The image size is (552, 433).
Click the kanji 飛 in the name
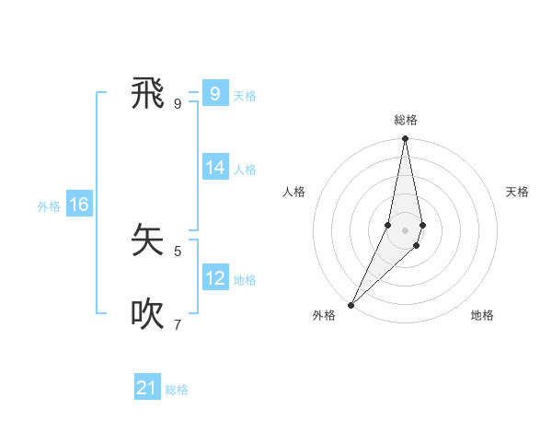pos(148,94)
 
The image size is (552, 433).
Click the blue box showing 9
pos(214,94)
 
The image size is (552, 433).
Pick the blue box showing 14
pos(214,168)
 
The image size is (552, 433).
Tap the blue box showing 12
pos(214,278)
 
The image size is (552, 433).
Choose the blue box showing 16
pos(79,205)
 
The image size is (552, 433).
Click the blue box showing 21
pos(147,388)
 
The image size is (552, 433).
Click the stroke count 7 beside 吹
pos(178,324)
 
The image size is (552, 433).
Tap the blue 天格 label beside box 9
pos(245,96)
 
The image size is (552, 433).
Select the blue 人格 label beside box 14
pos(245,170)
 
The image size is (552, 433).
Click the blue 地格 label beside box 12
pos(245,280)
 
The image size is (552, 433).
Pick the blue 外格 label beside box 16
pos(49,206)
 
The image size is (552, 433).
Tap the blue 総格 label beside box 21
pos(177,390)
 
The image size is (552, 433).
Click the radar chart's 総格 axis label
pos(406,120)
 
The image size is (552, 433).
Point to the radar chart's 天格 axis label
pos(518,192)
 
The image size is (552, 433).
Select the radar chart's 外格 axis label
pos(324,315)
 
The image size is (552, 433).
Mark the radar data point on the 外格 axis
pos(351,304)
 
